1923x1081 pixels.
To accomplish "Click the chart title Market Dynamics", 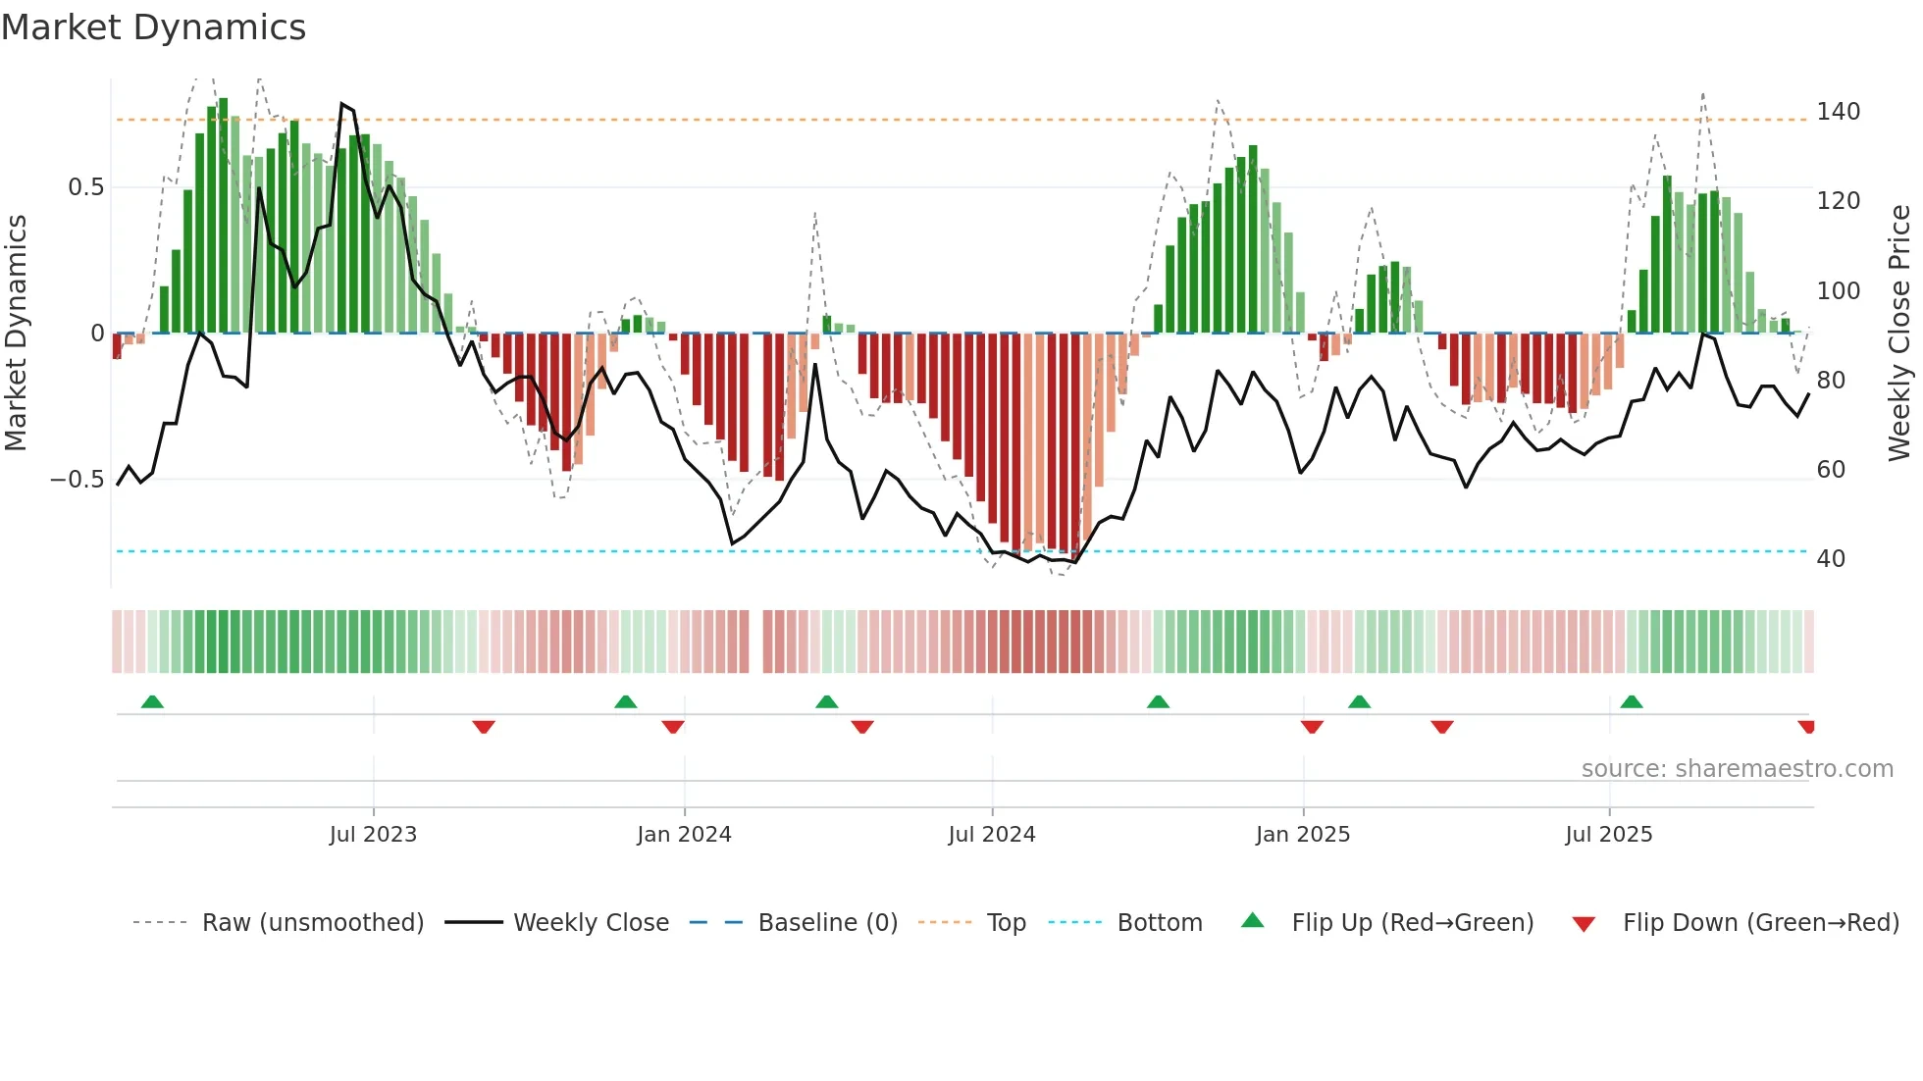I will [154, 27].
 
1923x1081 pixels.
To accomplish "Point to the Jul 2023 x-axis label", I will [373, 835].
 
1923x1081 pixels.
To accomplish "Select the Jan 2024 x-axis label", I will [684, 835].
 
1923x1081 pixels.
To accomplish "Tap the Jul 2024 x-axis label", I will [992, 835].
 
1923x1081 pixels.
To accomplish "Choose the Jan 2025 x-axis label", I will [1303, 835].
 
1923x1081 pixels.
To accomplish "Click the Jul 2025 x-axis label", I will [1609, 835].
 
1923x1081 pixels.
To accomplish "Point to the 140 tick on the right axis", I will [1838, 112].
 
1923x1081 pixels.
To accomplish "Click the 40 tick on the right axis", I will [1831, 559].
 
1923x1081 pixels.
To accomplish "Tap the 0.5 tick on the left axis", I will [85, 187].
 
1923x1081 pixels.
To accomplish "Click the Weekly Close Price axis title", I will [1899, 334].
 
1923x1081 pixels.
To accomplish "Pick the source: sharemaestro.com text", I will [1737, 769].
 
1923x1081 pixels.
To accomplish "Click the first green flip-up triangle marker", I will [152, 701].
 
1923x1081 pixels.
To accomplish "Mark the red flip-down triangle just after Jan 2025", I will [1312, 727].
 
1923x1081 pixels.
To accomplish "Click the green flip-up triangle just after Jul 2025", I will [1632, 701].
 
